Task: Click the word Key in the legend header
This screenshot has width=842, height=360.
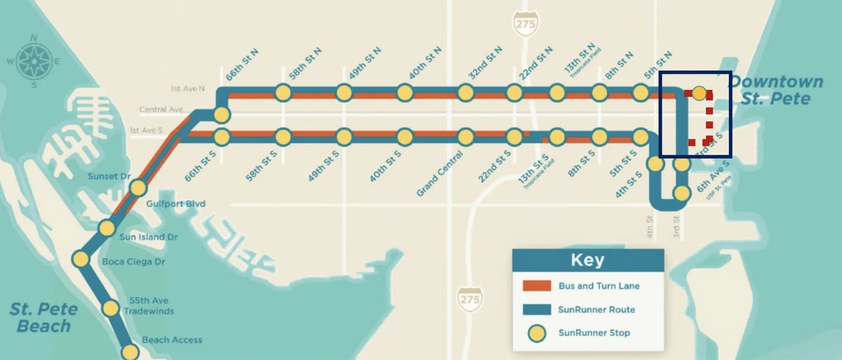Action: pos(587,260)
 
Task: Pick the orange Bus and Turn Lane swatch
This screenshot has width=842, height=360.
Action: pos(536,286)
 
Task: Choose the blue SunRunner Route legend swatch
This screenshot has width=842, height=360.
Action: pos(536,309)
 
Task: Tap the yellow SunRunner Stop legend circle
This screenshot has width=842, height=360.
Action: pos(536,333)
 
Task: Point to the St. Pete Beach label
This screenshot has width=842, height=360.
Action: pos(44,317)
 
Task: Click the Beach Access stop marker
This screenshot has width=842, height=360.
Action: pos(130,352)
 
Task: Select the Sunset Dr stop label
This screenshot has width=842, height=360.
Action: pos(109,176)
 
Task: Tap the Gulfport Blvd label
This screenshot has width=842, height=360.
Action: pos(176,203)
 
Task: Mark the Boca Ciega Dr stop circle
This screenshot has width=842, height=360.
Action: pos(81,259)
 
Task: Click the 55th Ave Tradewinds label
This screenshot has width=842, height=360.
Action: pos(149,306)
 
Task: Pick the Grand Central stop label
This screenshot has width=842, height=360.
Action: pos(440,173)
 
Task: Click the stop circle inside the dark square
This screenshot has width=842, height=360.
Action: pos(699,93)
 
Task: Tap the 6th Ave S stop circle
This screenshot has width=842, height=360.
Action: pos(681,193)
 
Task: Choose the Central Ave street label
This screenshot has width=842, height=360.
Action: pos(161,109)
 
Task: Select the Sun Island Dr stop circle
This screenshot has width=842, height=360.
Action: pos(107,228)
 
